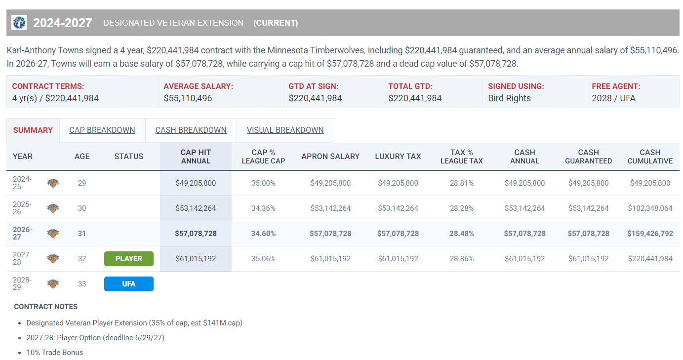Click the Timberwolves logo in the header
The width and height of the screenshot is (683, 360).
pyautogui.click(x=19, y=23)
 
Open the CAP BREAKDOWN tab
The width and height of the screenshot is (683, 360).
pyautogui.click(x=102, y=130)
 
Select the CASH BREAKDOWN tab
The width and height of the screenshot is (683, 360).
pyautogui.click(x=191, y=130)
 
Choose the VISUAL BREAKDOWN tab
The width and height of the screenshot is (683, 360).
pyautogui.click(x=285, y=130)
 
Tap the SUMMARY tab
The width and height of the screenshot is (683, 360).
pyautogui.click(x=33, y=130)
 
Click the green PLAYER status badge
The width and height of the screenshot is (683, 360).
pyautogui.click(x=129, y=259)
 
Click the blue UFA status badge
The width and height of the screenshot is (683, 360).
pyautogui.click(x=129, y=284)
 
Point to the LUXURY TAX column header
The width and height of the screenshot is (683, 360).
pyautogui.click(x=398, y=157)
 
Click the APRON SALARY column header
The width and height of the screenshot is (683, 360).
pyautogui.click(x=330, y=157)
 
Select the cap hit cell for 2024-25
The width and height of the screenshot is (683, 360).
pyautogui.click(x=196, y=183)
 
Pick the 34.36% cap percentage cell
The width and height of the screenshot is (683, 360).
pyautogui.click(x=263, y=208)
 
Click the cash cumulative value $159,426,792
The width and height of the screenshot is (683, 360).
pyautogui.click(x=650, y=234)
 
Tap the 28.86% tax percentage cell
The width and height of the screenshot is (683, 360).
pyautogui.click(x=462, y=259)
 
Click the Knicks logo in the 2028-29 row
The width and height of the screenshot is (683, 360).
pyautogui.click(x=53, y=284)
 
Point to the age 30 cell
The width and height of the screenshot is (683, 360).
pyautogui.click(x=82, y=208)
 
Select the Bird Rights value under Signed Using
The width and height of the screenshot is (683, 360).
pyautogui.click(x=509, y=98)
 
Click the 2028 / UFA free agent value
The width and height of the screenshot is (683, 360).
pyautogui.click(x=613, y=98)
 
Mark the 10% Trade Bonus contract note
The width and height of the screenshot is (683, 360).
pyautogui.click(x=55, y=353)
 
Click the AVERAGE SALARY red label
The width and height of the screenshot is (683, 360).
pyautogui.click(x=198, y=86)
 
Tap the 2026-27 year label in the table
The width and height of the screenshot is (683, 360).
pyautogui.click(x=23, y=233)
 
